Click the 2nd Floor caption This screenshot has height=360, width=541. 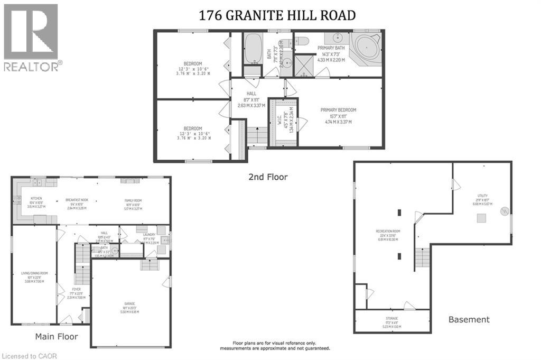pos(268,177)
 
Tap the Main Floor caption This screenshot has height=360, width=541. pos(57,336)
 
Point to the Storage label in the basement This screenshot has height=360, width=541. pos(391,322)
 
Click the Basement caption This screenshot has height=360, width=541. pos(469,319)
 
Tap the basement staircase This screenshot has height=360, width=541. pos(422,258)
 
